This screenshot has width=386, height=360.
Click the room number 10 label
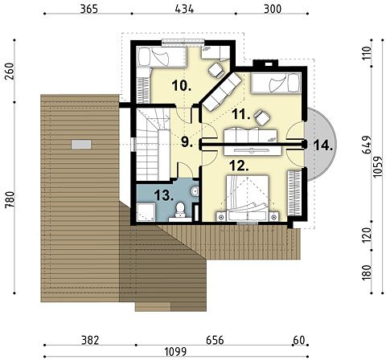pyautogui.click(x=181, y=86)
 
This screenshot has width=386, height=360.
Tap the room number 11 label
pyautogui.click(x=241, y=115)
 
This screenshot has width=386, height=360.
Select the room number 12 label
pyautogui.click(x=239, y=166)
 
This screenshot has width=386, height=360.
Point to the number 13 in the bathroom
pyautogui.click(x=164, y=195)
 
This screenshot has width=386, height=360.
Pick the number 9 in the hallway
pyautogui.click(x=187, y=142)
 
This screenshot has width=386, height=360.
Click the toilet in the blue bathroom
pyautogui.click(x=180, y=210)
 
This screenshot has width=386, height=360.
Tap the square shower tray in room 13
pyautogui.click(x=146, y=212)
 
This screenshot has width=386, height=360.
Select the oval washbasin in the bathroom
pyautogui.click(x=195, y=191)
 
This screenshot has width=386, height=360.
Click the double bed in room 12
pyautogui.click(x=248, y=198)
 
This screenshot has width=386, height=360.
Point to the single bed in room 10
pyautogui.click(x=162, y=56)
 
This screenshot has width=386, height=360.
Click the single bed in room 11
pyautogui.click(x=275, y=83)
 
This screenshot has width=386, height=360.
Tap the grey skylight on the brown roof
pyautogui.click(x=81, y=145)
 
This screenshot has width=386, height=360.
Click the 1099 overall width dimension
pyautogui.click(x=175, y=351)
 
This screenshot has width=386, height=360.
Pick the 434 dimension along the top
pyautogui.click(x=184, y=9)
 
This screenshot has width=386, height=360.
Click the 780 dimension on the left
pyautogui.click(x=10, y=199)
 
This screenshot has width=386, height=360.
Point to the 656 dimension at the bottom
pyautogui.click(x=215, y=341)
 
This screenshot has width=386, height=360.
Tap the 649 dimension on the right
pyautogui.click(x=366, y=145)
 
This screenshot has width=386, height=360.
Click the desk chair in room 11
pyautogui.click(x=261, y=117)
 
